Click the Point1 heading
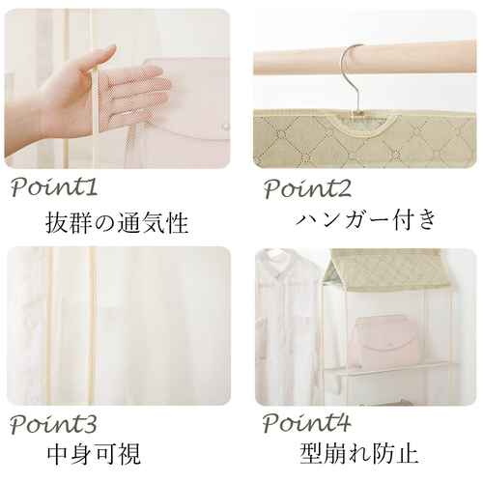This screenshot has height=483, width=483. pyautogui.click(x=54, y=187)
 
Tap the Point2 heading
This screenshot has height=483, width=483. pyautogui.click(x=307, y=188)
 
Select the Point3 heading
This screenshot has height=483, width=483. pyautogui.click(x=53, y=424)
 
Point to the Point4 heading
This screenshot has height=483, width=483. pyautogui.click(x=306, y=422)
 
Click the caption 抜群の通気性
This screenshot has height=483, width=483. pyautogui.click(x=117, y=223)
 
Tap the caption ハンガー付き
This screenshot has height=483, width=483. pyautogui.click(x=366, y=219)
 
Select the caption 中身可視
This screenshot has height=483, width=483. pyautogui.click(x=94, y=454)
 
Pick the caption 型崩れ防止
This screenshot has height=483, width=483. pyautogui.click(x=358, y=453)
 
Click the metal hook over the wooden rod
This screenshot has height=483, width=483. pyautogui.click(x=355, y=77)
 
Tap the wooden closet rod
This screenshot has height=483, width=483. pyautogui.click(x=365, y=57)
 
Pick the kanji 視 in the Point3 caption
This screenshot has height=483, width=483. pyautogui.click(x=129, y=454)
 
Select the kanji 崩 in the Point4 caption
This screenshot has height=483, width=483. pyautogui.click(x=335, y=453)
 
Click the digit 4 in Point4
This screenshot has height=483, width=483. pyautogui.click(x=343, y=422)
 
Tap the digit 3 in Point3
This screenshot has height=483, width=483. pyautogui.click(x=91, y=424)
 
